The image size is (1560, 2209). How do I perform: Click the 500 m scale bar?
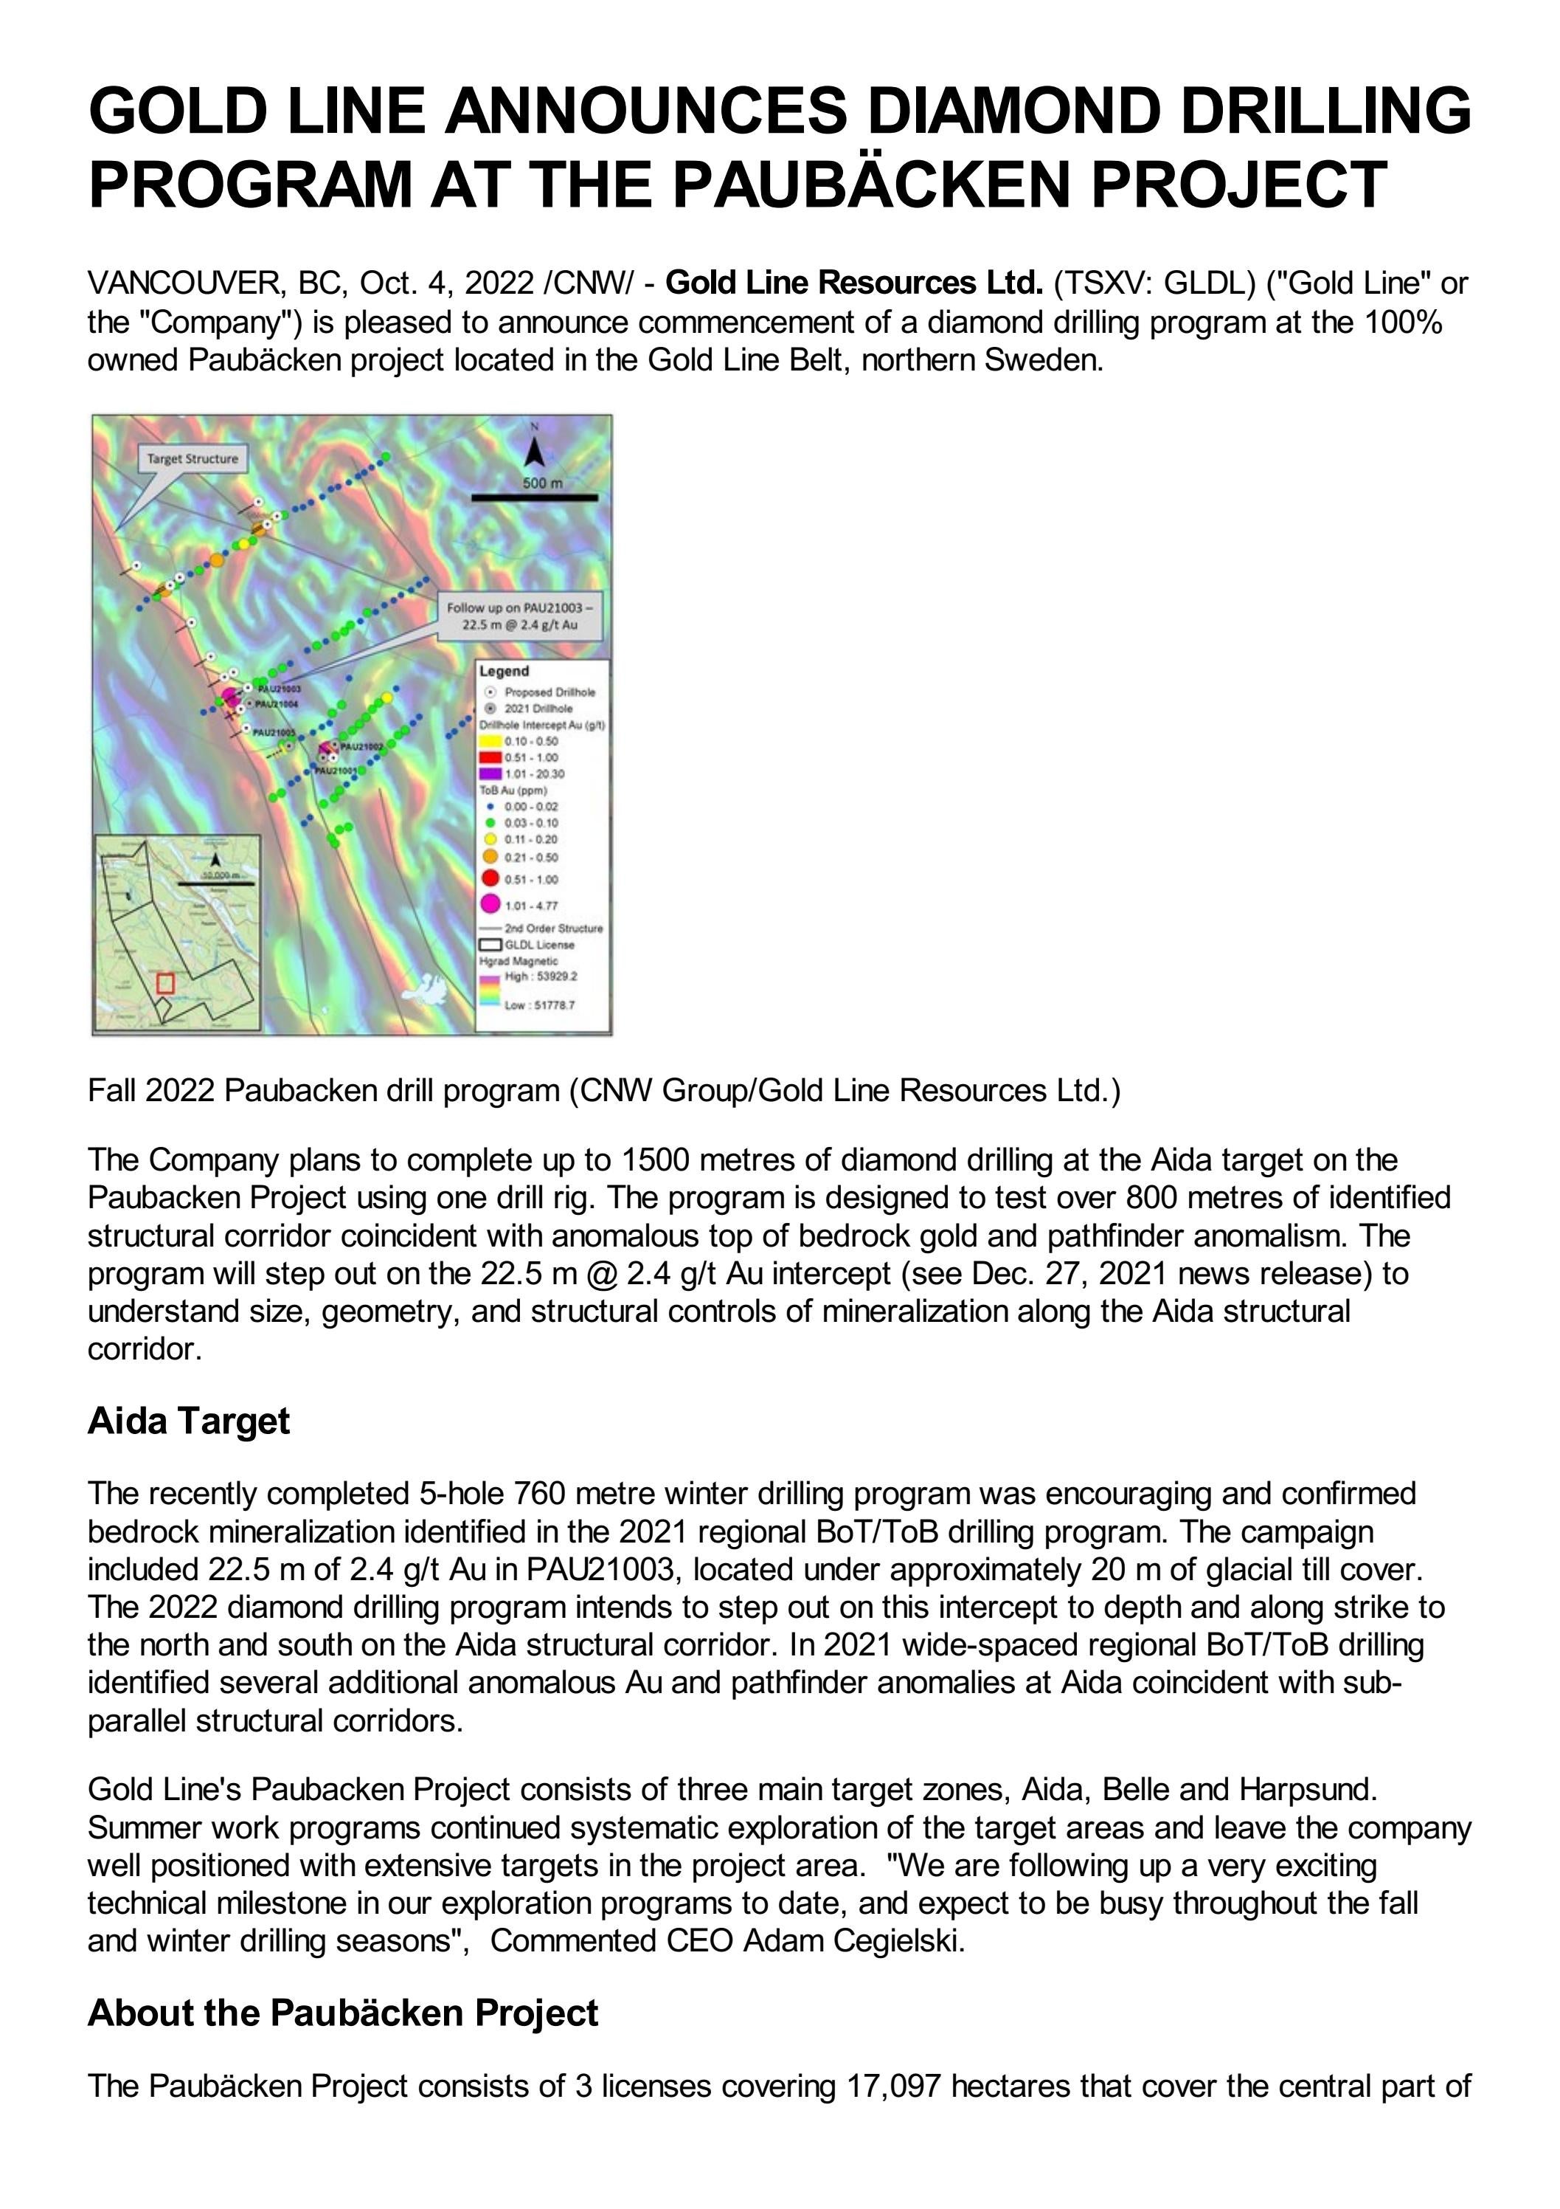coord(534,497)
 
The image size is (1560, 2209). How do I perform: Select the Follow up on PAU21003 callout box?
coord(519,616)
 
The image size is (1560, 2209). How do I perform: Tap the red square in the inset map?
coord(165,983)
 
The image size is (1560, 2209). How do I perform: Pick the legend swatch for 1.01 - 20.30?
coord(490,773)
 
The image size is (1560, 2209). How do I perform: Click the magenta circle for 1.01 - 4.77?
coord(490,903)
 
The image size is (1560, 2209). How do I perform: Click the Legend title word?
coord(505,671)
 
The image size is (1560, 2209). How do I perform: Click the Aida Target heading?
coord(189,1421)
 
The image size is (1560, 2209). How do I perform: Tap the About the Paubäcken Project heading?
coord(342,2013)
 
